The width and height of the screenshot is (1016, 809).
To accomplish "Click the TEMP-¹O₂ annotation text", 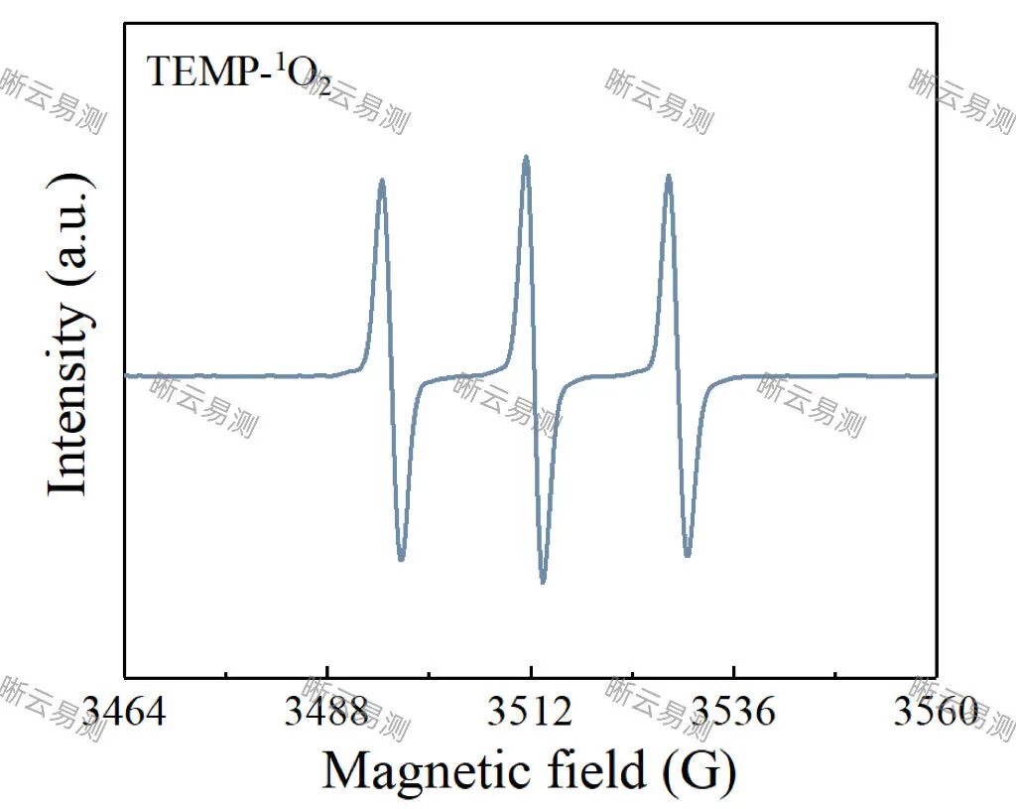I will pyautogui.click(x=238, y=73).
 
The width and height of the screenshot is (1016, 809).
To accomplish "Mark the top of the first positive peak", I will pyautogui.click(x=382, y=181).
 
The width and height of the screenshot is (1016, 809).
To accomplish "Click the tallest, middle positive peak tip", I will pyautogui.click(x=526, y=157).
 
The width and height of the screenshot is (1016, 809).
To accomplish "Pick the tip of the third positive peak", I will pyautogui.click(x=669, y=176).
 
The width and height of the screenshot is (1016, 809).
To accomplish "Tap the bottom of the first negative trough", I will pyautogui.click(x=401, y=560).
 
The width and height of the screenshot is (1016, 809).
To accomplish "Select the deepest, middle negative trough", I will pyautogui.click(x=543, y=583).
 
